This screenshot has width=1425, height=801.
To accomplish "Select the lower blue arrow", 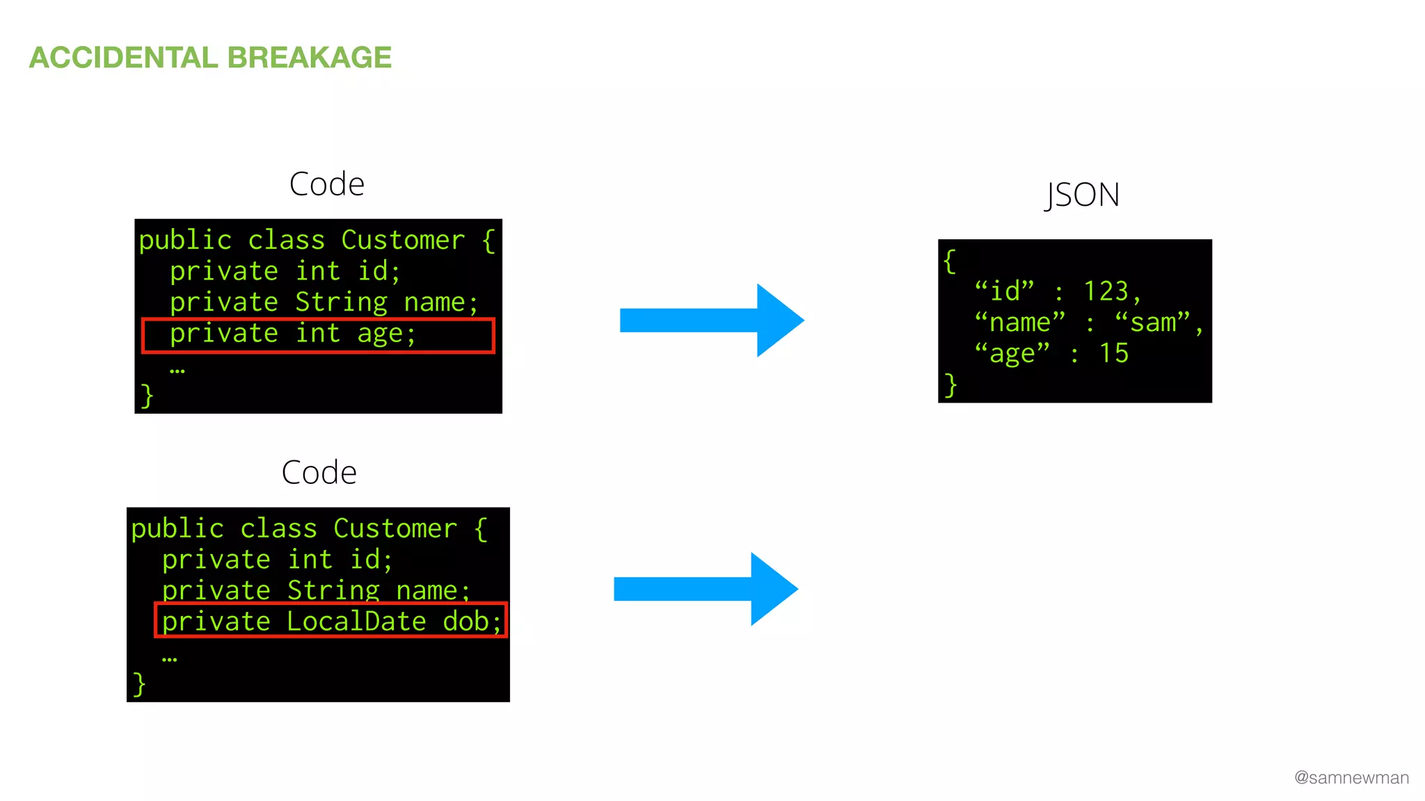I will click(705, 589).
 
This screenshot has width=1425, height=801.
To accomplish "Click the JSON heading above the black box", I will click(1082, 195).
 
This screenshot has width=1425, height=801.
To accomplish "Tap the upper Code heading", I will click(326, 184).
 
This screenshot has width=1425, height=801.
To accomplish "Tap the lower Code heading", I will click(319, 473).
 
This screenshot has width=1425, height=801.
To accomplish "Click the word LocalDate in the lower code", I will click(356, 622).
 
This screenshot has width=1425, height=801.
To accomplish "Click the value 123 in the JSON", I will click(1106, 291).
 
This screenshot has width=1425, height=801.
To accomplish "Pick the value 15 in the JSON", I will click(1113, 353).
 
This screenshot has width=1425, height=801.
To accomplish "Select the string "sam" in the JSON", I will click(1153, 323).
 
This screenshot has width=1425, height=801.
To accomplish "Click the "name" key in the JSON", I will click(1019, 323).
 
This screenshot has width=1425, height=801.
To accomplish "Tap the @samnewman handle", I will click(1351, 777).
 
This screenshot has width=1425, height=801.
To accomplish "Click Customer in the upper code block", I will click(403, 241).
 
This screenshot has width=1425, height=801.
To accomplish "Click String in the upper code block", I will click(341, 302).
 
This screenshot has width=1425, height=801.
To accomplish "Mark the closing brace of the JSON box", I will click(950, 385).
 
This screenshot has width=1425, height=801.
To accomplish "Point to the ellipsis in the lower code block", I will click(169, 658).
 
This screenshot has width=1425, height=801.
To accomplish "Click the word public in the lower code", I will click(177, 529).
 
